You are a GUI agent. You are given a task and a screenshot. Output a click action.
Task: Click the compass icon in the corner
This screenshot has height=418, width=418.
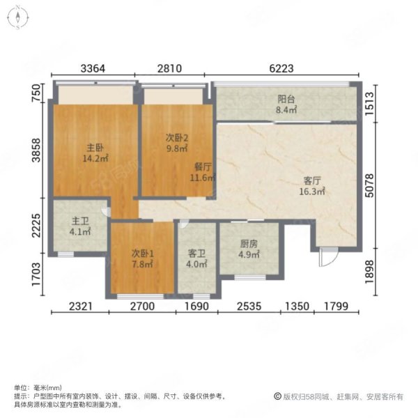coord(18,17)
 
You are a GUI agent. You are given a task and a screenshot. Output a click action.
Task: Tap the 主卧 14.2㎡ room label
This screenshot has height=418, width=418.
coord(95,153)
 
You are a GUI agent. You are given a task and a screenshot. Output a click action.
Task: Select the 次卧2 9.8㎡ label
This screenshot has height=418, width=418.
coord(177,143)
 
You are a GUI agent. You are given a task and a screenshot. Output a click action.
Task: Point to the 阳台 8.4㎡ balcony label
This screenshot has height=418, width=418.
coord(286,104)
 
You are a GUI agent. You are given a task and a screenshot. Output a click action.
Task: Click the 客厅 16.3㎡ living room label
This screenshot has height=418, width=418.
coord(312,186)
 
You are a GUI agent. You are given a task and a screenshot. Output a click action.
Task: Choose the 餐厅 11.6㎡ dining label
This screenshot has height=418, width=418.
coord(203,172)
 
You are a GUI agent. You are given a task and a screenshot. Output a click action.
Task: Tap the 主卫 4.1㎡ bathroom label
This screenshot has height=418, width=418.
coord(80,226)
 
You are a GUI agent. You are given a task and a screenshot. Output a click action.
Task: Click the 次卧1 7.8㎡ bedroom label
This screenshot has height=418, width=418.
coord(142,258)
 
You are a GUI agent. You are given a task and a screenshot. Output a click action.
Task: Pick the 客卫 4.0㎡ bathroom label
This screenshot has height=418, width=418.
coord(196,258)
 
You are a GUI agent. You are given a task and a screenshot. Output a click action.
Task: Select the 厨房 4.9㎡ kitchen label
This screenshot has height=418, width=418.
coord(249,249)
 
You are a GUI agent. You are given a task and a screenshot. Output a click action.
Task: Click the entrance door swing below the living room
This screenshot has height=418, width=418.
coord(328,256)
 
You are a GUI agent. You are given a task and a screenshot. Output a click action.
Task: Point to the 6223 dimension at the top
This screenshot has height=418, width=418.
coord(281,68)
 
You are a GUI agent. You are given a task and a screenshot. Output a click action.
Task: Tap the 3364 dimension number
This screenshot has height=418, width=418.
coord(93,68)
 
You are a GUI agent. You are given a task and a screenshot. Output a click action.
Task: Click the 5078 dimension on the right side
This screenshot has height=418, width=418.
coord(369,185)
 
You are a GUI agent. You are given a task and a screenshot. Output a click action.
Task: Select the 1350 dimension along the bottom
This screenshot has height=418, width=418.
coord(297,307)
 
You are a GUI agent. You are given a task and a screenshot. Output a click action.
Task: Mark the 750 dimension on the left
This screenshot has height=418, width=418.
coord(36,93)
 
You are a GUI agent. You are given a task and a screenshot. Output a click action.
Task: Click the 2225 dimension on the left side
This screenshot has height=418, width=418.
coord(36,226)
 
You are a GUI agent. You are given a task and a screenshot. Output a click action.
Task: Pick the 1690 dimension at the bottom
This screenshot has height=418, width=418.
coord(196,307)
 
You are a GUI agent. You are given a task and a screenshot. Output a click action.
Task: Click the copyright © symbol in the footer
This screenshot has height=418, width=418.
coord(278,396)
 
